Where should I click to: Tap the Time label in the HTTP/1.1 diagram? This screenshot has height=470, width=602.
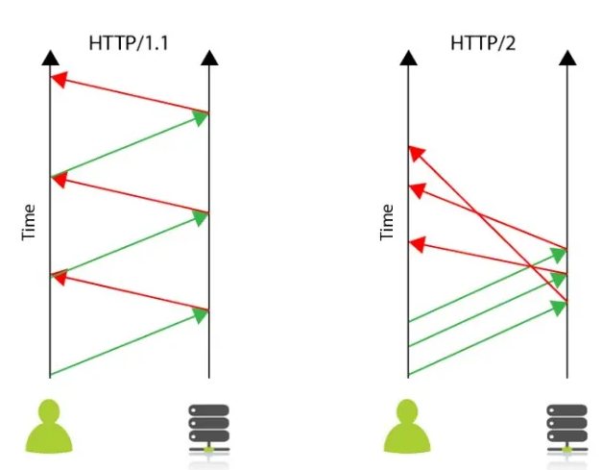pos(30,222)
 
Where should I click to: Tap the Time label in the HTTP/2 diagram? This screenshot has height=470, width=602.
pos(388,222)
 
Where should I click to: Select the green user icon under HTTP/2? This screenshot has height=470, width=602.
pos(408,428)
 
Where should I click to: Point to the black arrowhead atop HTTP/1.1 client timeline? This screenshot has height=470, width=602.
pos(50,59)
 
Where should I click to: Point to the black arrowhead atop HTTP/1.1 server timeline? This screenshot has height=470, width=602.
pos(208,59)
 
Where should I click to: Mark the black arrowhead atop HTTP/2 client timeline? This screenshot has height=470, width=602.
pos(408,59)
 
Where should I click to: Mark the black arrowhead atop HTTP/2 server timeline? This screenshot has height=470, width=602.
pos(566,59)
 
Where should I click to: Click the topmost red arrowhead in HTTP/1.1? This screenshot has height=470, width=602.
pos(58,80)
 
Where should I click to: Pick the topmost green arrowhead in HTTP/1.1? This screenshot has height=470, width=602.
pos(201,118)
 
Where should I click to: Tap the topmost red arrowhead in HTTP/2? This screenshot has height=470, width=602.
pos(415,152)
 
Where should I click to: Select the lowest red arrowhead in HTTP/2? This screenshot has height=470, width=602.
pos(416,245)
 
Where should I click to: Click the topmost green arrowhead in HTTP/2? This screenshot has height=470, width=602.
pos(559,254)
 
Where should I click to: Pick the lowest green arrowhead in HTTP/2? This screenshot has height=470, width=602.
pos(559,307)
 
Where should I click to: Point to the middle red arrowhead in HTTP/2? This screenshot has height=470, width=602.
pos(416,191)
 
